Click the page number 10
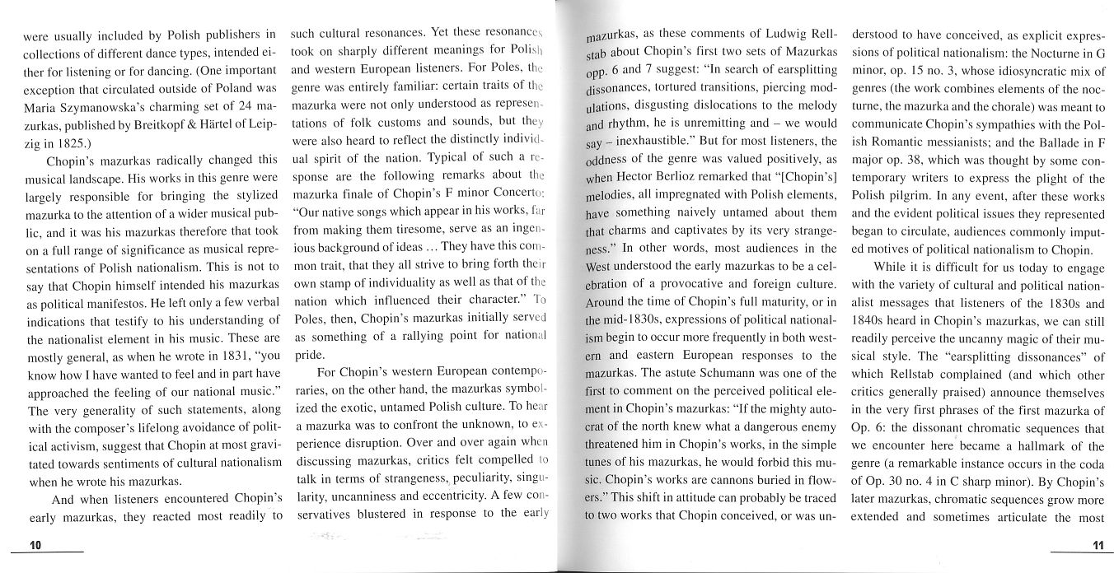(35, 546)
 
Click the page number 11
(1097, 546)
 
